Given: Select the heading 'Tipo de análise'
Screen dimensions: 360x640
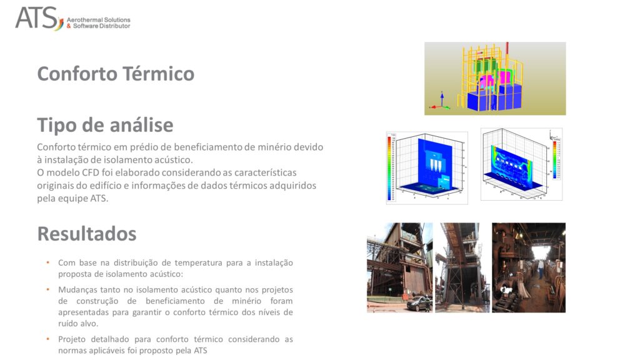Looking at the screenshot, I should pyautogui.click(x=105, y=125).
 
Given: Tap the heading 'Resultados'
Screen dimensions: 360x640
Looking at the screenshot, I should pyautogui.click(x=87, y=234).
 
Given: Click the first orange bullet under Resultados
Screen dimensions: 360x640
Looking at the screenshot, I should pyautogui.click(x=48, y=262).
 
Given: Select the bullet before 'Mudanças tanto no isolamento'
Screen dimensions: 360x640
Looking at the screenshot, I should pyautogui.click(x=48, y=289).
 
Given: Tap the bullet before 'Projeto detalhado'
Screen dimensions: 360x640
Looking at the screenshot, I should pyautogui.click(x=48, y=339).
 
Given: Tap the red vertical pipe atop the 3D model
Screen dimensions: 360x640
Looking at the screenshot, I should pyautogui.click(x=507, y=50).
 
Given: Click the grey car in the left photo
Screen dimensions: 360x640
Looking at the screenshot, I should pyautogui.click(x=415, y=304).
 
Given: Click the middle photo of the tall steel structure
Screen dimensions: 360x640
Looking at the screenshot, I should pyautogui.click(x=462, y=267).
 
